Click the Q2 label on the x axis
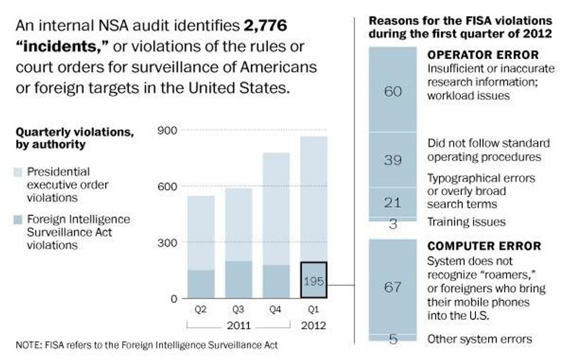tap(201, 310)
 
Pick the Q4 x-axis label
tap(275, 310)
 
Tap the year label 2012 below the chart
tap(313, 325)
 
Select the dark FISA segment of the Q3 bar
tap(238, 279)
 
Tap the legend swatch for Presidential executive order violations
tap(17, 172)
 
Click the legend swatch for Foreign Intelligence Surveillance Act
tap(17, 220)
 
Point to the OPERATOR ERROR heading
tap(483, 55)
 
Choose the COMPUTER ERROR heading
tap(484, 246)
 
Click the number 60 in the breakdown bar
tap(392, 91)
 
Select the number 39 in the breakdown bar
tap(392, 160)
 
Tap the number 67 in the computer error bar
tap(392, 287)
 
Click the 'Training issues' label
tap(466, 222)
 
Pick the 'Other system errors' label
tap(479, 339)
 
